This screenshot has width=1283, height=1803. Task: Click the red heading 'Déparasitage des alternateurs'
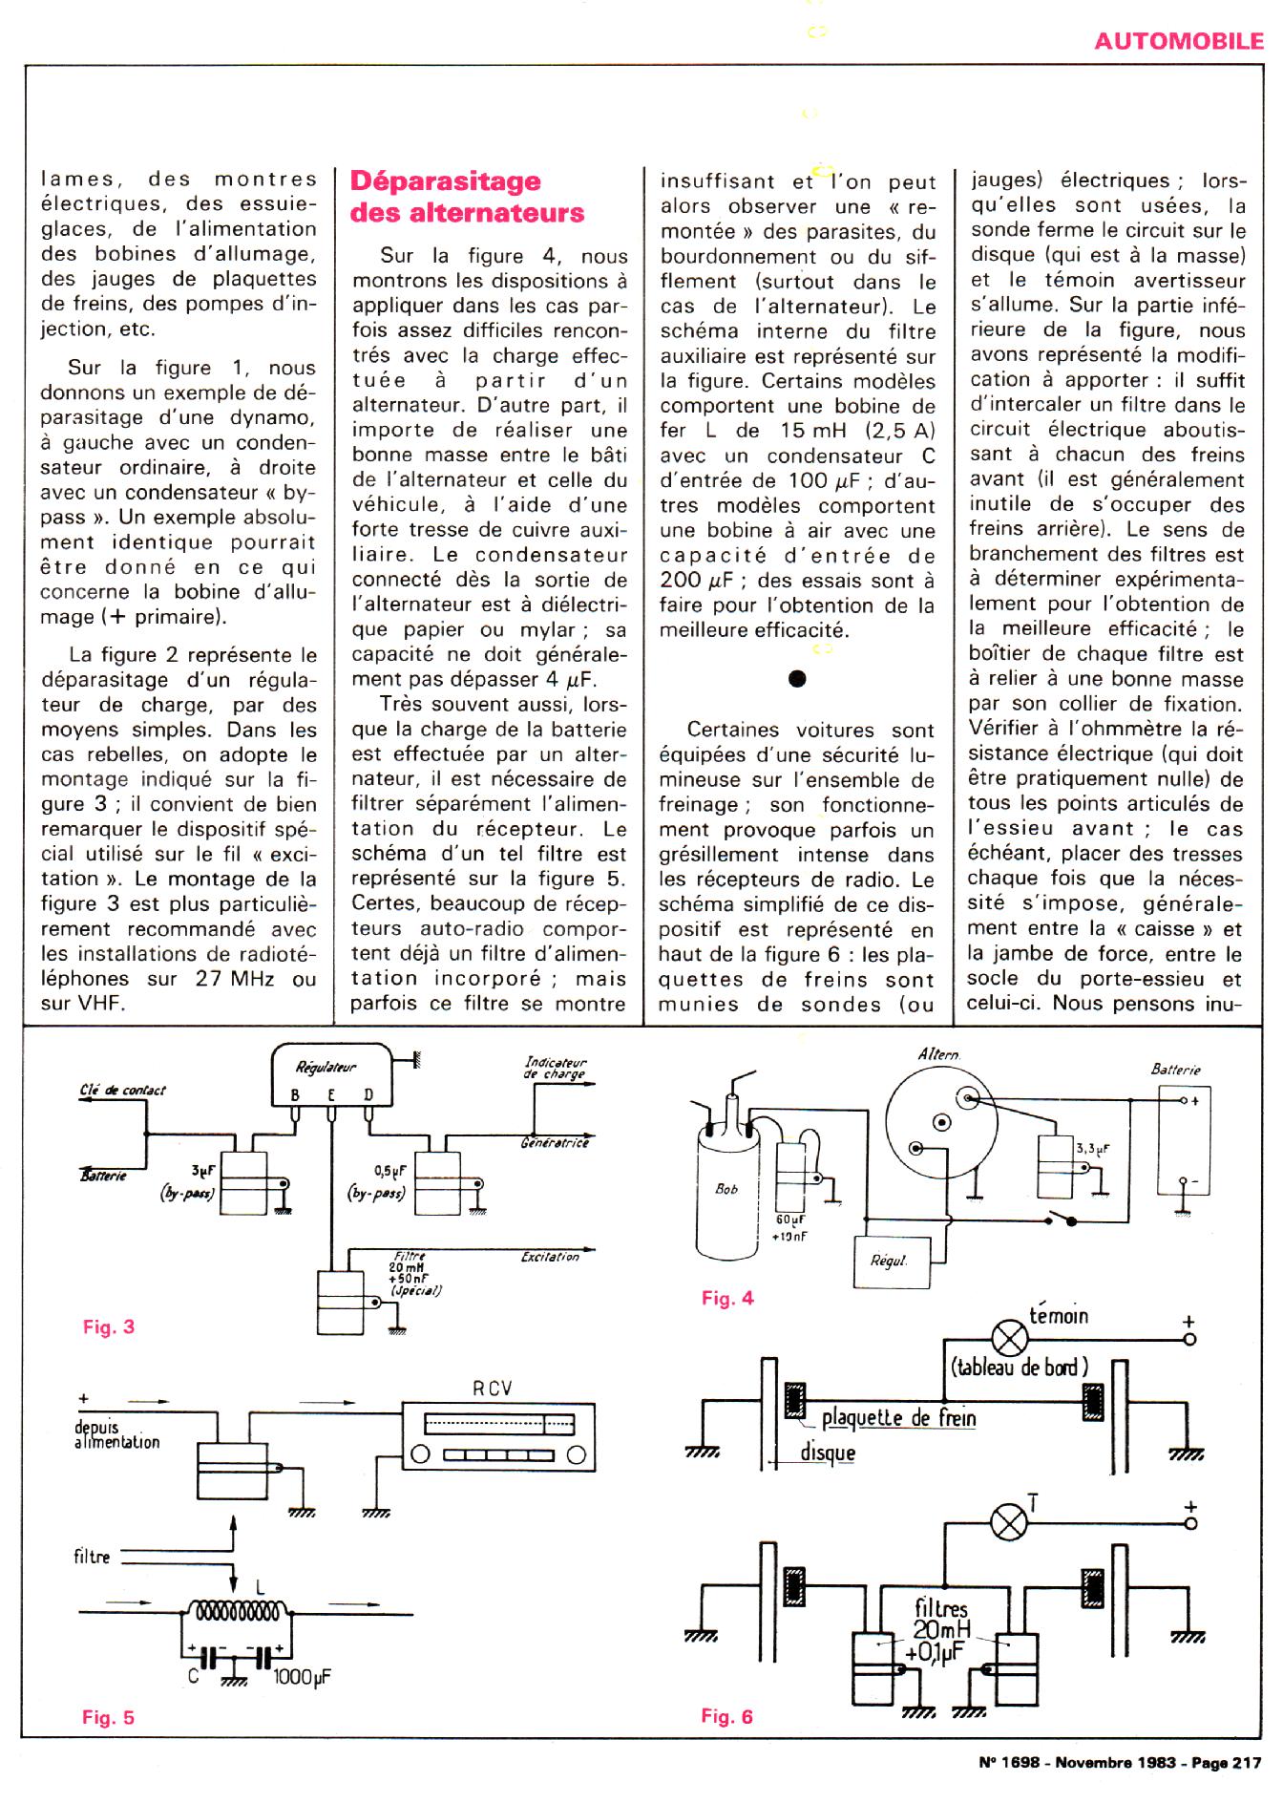[467, 196]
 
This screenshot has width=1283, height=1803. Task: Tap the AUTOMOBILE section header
[1178, 41]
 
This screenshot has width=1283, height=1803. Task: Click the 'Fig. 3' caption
[109, 1326]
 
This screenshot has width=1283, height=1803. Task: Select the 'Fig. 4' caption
[727, 1298]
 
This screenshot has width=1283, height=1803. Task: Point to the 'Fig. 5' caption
[109, 1717]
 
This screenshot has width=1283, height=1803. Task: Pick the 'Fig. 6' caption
[727, 1716]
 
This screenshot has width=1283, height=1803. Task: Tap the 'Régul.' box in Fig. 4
[889, 1261]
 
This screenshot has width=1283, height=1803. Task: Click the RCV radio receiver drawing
[498, 1438]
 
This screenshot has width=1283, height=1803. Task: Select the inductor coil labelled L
[238, 1612]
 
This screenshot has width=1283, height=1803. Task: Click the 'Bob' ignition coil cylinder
[728, 1188]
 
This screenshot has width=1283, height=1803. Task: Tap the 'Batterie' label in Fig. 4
[1176, 1070]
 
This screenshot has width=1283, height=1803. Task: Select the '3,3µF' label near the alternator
[1093, 1149]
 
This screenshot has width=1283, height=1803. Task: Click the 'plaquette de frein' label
[898, 1417]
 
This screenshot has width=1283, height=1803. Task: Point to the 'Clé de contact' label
[123, 1090]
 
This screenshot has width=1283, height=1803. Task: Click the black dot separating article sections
[798, 679]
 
